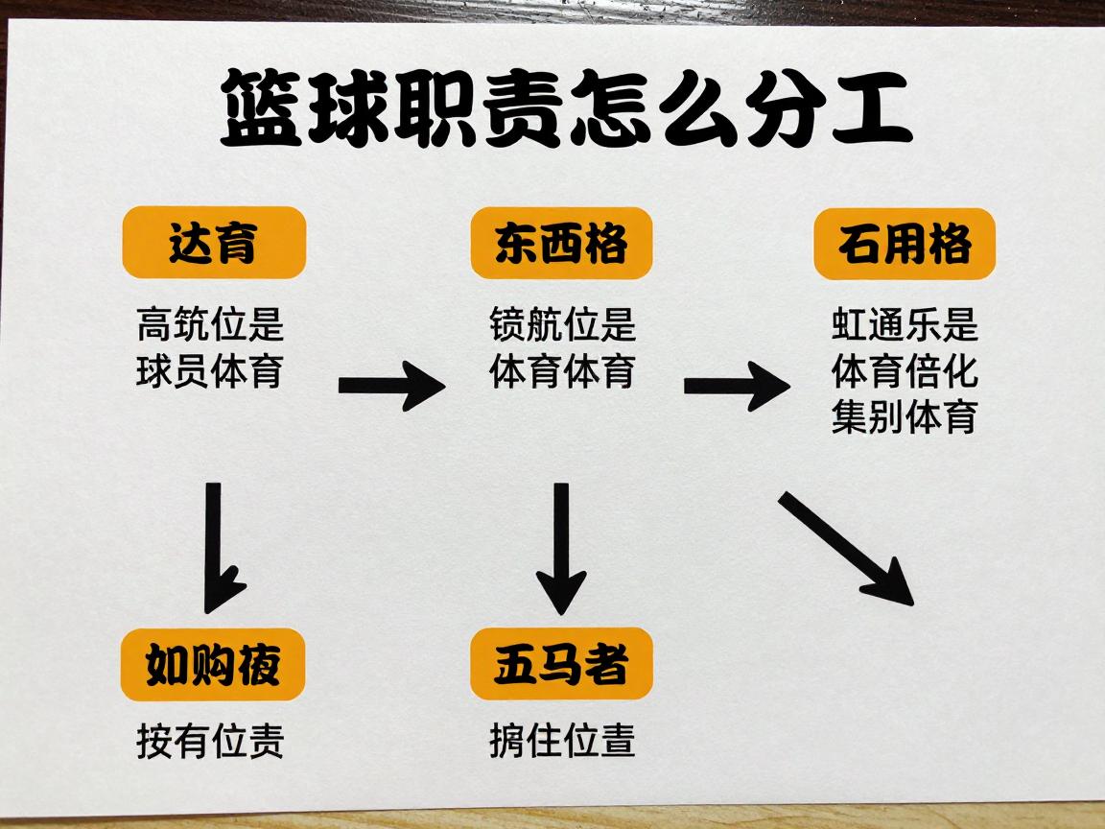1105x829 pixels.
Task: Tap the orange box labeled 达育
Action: pos(213,243)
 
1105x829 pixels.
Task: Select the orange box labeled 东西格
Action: pos(561,244)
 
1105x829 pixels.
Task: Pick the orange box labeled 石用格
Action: pos(905,244)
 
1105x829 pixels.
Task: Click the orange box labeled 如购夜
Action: pos(213,665)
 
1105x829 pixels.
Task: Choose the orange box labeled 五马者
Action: pos(561,665)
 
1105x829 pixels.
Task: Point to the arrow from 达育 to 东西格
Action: pos(391,385)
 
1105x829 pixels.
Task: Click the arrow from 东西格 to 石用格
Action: pos(737,385)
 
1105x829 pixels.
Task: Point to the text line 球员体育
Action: pos(210,371)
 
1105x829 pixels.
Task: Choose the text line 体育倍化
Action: pos(905,371)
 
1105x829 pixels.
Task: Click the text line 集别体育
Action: pos(905,417)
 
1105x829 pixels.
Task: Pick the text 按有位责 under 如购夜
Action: pos(210,742)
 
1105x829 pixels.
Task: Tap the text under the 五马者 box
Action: pos(562,742)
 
